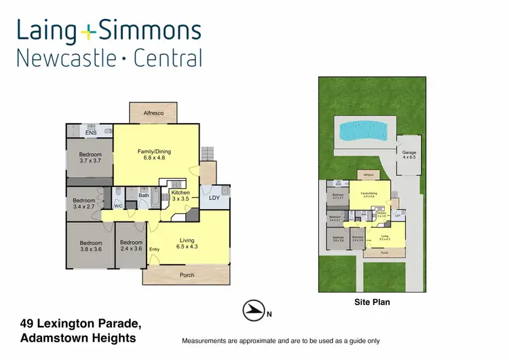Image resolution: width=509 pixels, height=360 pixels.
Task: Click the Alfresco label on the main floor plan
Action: coord(153,113)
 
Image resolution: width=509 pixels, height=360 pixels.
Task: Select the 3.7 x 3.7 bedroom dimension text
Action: coord(90,161)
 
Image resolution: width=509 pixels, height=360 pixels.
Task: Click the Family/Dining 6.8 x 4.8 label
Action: coord(155,154)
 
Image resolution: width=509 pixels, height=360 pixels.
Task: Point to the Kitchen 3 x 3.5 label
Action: coord(181,196)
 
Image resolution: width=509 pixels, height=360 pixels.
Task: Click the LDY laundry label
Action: coord(214,198)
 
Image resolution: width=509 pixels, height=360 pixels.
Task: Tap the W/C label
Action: coord(118,206)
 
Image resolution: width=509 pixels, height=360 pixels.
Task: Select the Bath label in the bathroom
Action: coord(144,196)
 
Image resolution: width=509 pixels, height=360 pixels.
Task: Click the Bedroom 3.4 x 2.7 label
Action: coord(84,204)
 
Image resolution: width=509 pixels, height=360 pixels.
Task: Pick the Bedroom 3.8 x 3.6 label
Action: coord(90,246)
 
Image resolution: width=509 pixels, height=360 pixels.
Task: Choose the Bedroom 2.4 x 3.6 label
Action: coord(131,246)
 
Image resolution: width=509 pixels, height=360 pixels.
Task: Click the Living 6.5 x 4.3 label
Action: coord(187,244)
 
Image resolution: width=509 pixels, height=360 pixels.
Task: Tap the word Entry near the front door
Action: coord(155,249)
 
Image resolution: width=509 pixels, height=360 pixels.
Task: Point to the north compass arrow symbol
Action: coord(253,310)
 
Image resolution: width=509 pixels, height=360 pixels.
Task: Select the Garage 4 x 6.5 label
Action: coord(409,155)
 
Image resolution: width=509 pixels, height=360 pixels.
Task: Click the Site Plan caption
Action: coord(372,302)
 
